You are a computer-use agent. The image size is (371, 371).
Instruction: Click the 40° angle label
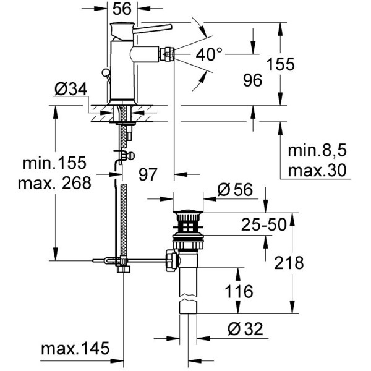[209, 54]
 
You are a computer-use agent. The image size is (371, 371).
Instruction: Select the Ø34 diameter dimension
[69, 90]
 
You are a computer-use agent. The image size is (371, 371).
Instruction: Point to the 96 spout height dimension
[253, 79]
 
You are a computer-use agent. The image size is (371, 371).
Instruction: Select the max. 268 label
[54, 182]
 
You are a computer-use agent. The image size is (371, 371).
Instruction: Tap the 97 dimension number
[148, 175]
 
